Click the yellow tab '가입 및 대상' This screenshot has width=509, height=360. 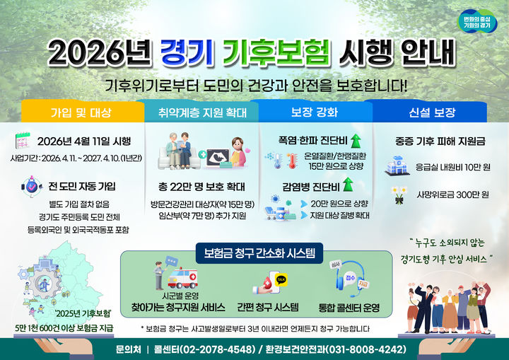(81, 112)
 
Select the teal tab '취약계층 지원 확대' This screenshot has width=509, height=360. (200, 112)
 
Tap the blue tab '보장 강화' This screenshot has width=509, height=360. (314, 112)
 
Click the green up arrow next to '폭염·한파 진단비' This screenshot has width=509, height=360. (355, 139)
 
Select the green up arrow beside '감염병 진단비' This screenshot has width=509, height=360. (349, 187)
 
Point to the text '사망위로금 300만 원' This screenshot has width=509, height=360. (453, 193)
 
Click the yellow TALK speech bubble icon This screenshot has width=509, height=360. (281, 279)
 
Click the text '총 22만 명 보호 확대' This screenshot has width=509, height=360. (201, 187)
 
